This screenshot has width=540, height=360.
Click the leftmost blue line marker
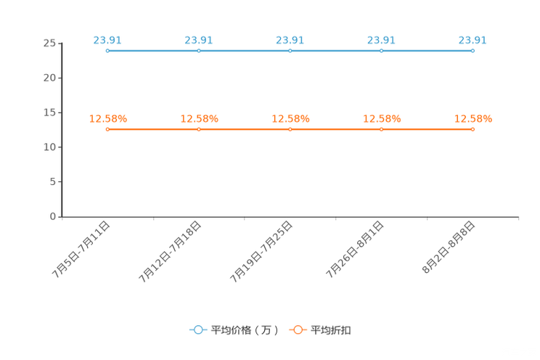click(107, 51)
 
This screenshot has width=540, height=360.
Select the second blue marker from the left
click(198, 51)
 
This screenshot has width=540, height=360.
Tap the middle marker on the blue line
click(290, 51)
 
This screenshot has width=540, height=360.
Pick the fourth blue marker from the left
click(381, 51)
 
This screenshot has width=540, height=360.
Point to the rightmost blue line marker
click(472, 51)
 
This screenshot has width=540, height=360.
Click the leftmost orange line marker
click(107, 129)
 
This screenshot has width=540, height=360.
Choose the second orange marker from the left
click(198, 129)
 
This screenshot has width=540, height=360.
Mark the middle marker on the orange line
click(290, 129)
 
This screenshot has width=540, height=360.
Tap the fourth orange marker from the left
click(381, 129)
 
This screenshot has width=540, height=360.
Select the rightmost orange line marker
click(472, 129)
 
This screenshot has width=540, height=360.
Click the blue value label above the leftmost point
click(107, 40)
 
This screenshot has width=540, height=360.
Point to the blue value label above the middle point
click(290, 40)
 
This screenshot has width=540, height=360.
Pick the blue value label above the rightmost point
click(472, 40)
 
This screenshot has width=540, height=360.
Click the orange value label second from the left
click(199, 118)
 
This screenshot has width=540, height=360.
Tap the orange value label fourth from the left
click(382, 118)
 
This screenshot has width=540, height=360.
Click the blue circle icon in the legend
click(198, 330)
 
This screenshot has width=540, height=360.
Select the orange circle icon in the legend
click(298, 330)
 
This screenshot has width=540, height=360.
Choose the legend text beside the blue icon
click(245, 330)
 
